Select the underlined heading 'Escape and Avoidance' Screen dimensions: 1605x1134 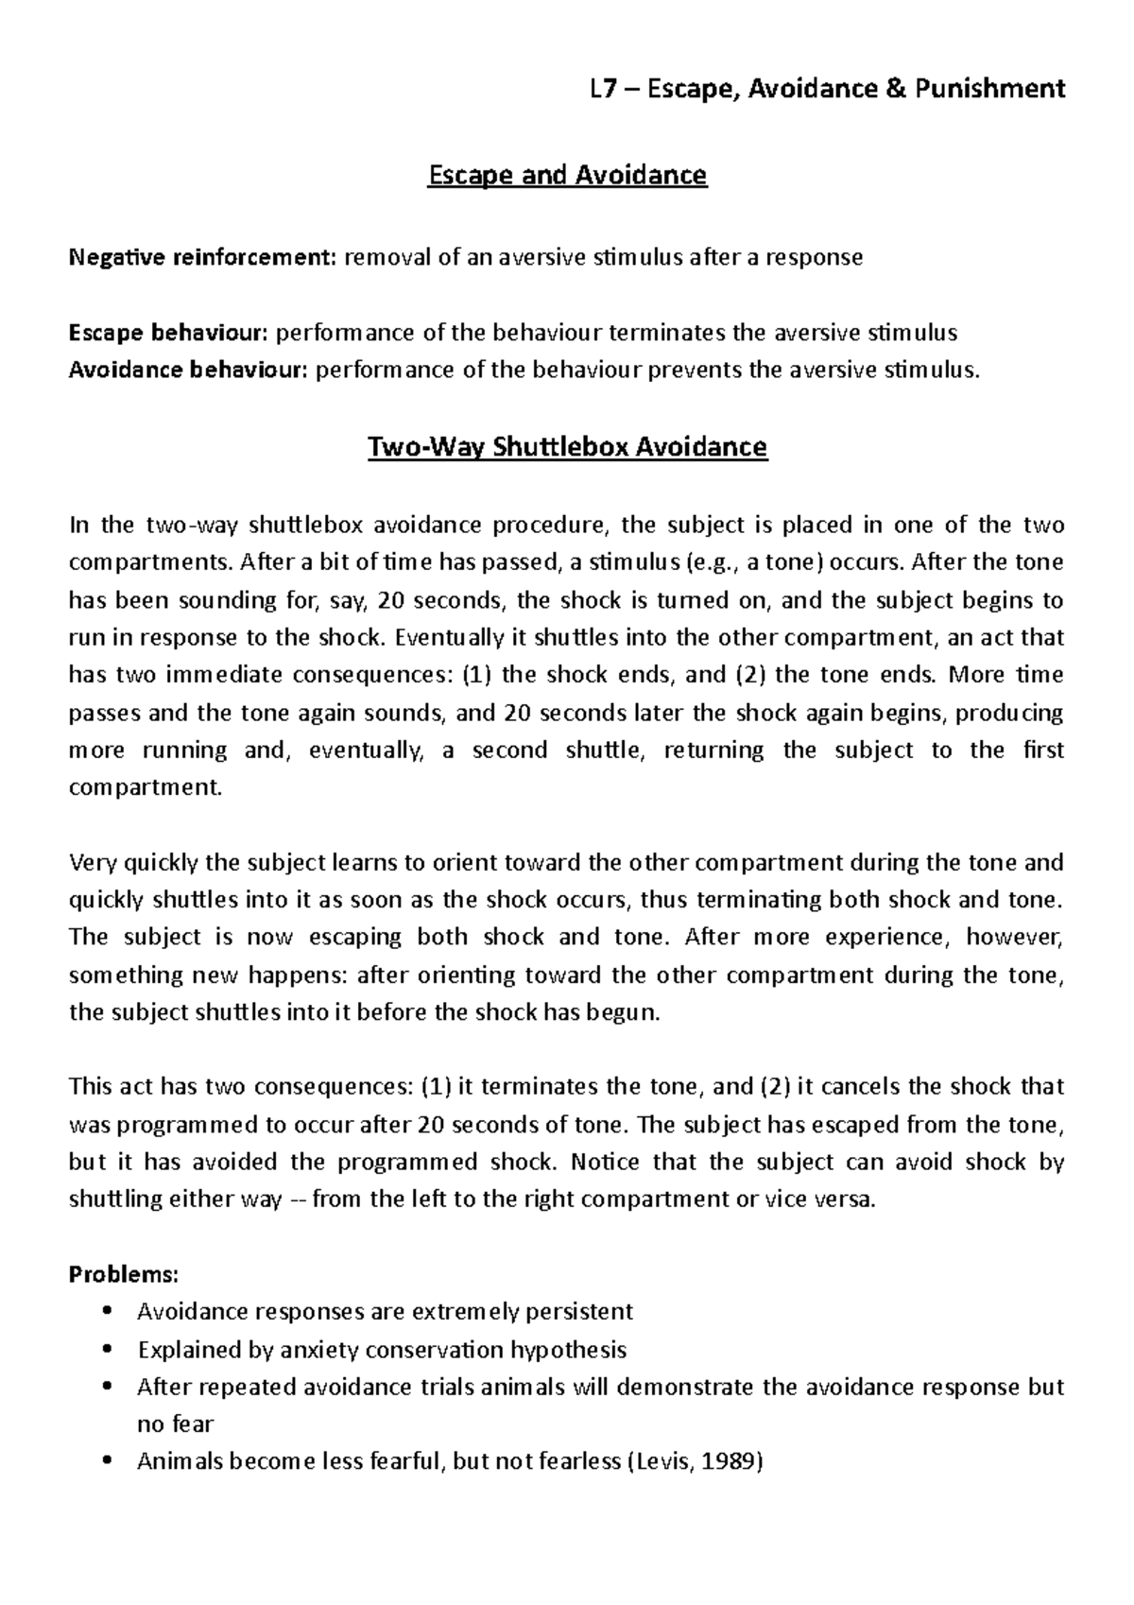[x=567, y=176]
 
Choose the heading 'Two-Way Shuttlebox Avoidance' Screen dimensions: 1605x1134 [x=567, y=446]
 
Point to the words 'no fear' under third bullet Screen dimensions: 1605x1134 [x=176, y=1424]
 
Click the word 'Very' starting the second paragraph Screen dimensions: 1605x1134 [x=92, y=862]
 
